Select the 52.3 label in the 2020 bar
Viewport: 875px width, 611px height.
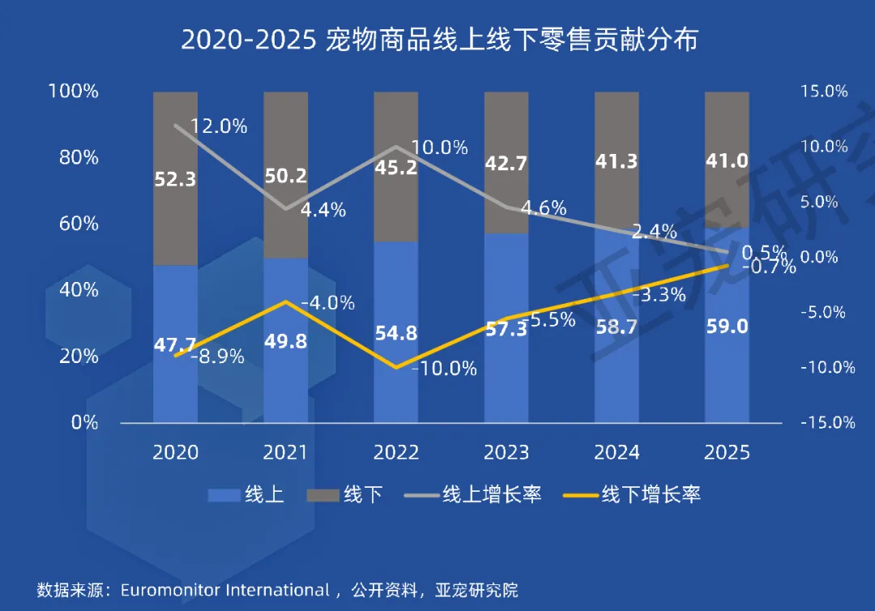(176, 179)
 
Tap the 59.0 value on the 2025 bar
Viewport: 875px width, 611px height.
(726, 327)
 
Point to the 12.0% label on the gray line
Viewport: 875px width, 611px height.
(219, 126)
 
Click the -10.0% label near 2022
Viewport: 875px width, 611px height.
(444, 369)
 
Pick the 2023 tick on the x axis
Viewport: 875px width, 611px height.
(506, 452)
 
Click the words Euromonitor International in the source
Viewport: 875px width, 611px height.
(224, 589)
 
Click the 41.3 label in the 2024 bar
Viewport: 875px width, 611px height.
(616, 160)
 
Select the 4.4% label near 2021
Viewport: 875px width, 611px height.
(322, 210)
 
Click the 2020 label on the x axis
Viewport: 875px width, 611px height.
(175, 452)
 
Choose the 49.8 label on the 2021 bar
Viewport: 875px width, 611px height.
(285, 341)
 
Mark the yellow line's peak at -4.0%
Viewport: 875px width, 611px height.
(285, 301)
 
